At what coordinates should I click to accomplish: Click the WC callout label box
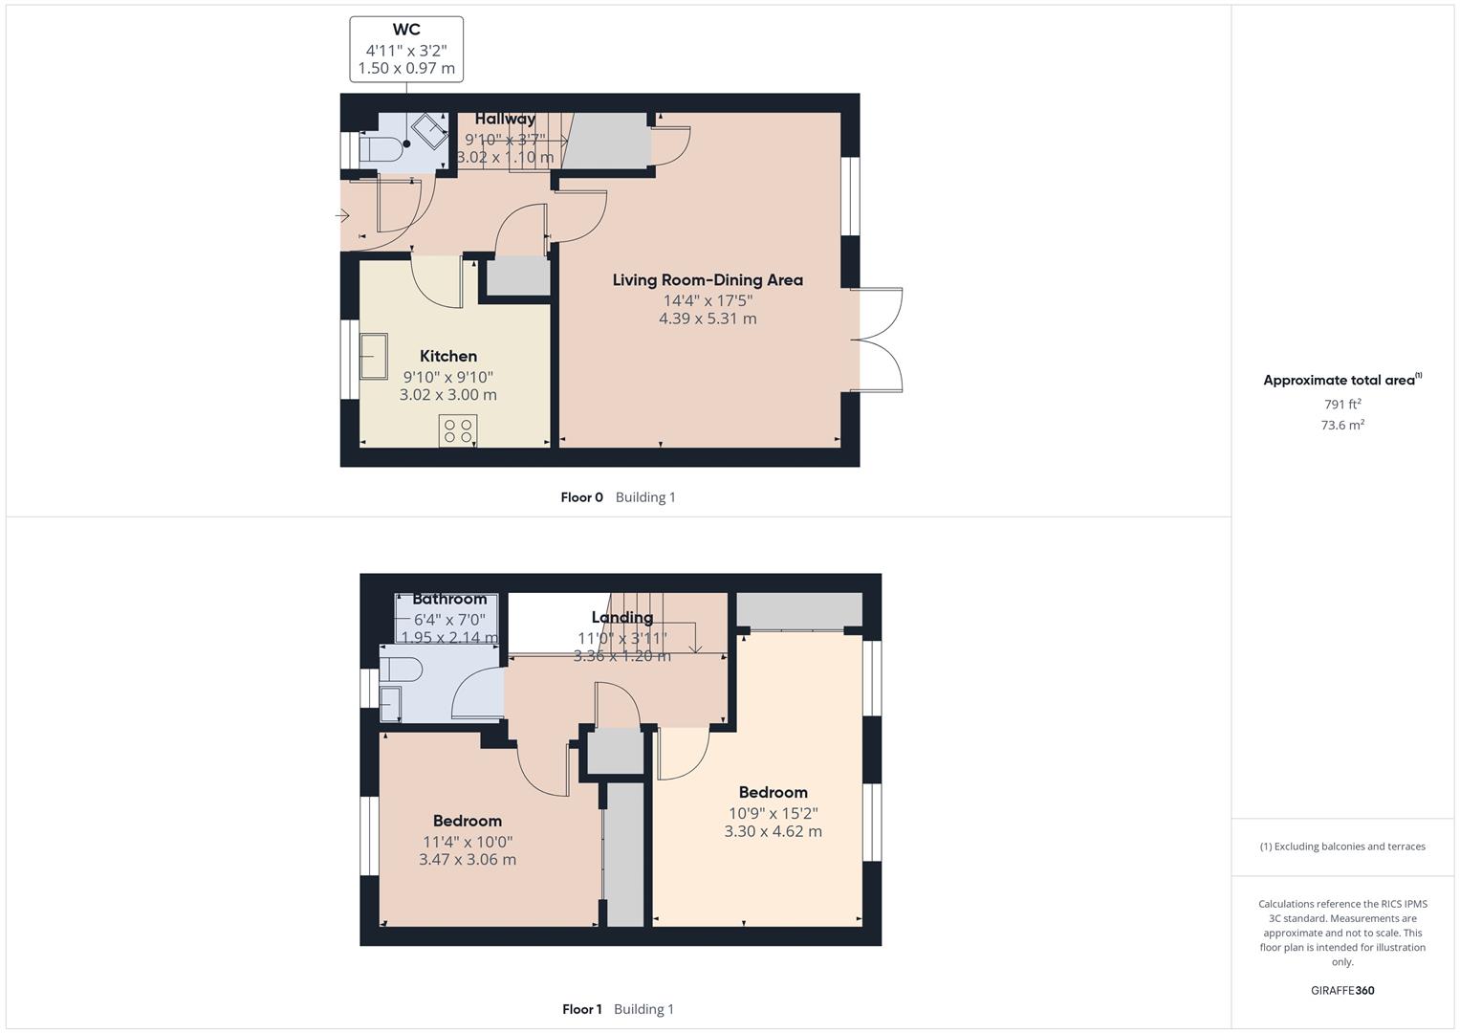click(x=406, y=50)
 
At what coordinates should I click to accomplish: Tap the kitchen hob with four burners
click(x=458, y=431)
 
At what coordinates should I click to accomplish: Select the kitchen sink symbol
click(x=373, y=356)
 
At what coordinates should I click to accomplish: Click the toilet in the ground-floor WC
click(x=381, y=149)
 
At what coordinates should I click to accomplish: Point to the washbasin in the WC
click(x=427, y=131)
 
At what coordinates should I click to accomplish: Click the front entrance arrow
click(x=342, y=216)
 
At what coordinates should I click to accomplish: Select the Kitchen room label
click(x=447, y=356)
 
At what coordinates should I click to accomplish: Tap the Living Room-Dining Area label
click(x=708, y=280)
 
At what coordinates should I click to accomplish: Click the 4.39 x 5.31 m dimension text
click(x=708, y=319)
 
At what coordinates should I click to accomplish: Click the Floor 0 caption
click(x=581, y=497)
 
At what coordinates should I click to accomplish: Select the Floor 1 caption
click(x=581, y=1009)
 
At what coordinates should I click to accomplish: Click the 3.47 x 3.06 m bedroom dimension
click(x=468, y=860)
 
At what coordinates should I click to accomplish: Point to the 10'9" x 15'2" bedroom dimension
click(x=773, y=813)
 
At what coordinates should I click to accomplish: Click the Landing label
click(x=621, y=617)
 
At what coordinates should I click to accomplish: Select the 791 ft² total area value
click(x=1342, y=405)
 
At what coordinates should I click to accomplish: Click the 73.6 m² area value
click(x=1342, y=426)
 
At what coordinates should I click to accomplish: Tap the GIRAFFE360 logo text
click(x=1342, y=991)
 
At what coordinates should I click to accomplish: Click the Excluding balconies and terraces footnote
click(x=1342, y=846)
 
